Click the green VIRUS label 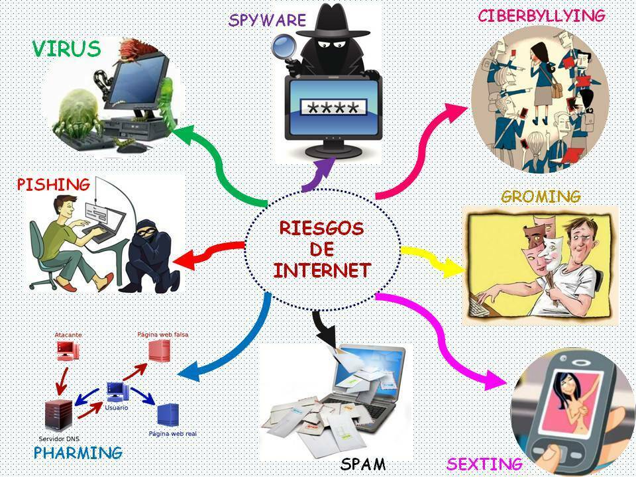point(66,48)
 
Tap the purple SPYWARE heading point(267,20)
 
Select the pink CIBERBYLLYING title point(541,16)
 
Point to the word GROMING point(541,196)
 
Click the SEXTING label point(484,464)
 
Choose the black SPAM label point(362,464)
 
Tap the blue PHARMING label point(78,452)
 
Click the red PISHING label point(53,185)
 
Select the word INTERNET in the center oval point(323,270)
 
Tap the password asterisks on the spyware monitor point(333,108)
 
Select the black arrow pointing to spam point(325,327)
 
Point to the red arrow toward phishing point(211,252)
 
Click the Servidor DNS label point(59,439)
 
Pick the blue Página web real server point(168,415)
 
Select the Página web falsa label point(163,335)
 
